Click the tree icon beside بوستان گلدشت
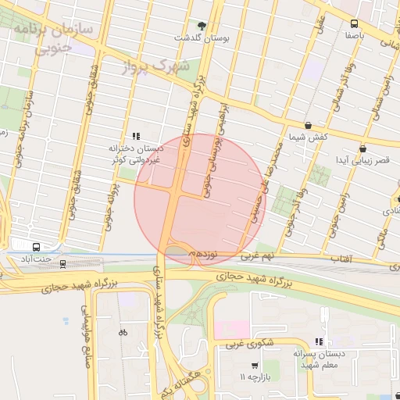click(203, 25)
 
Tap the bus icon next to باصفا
click(354, 23)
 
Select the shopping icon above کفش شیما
click(308, 125)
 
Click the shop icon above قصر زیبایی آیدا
click(362, 148)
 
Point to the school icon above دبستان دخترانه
click(137, 135)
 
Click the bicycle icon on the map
click(122, 331)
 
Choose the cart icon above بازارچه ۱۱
click(255, 366)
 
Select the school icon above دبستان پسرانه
click(318, 341)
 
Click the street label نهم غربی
click(257, 255)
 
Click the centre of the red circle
click(200, 199)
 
